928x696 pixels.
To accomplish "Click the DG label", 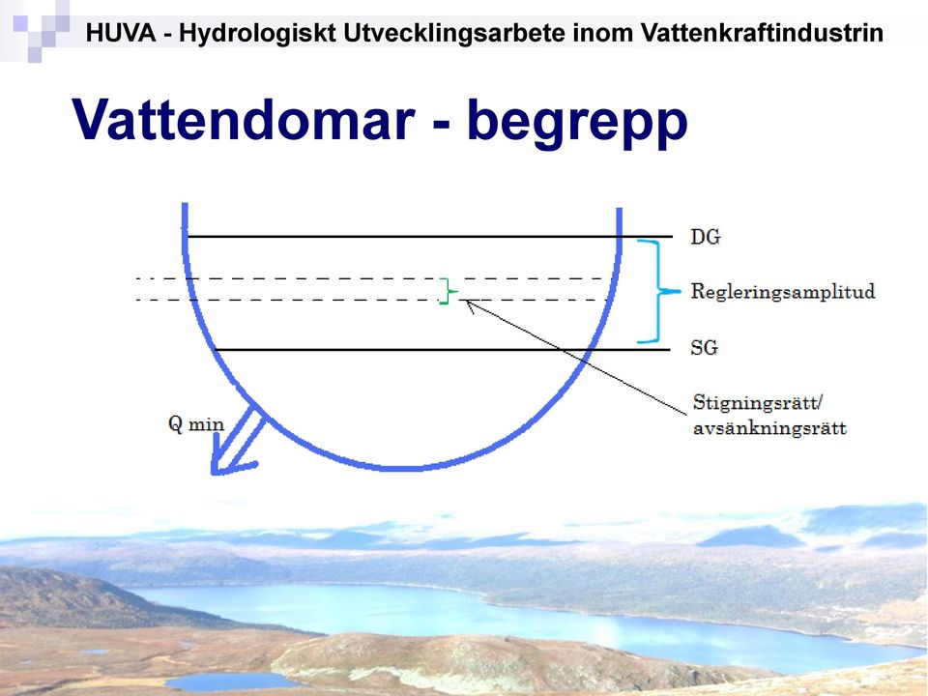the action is point(706,237).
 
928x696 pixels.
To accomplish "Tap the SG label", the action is point(705,347).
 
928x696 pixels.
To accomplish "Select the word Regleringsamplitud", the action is point(783,292).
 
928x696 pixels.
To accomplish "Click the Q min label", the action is point(196,424).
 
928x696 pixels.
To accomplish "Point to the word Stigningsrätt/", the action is point(758,403).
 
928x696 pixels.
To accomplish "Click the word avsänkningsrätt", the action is point(769,428).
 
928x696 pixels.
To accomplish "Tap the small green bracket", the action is point(448,291).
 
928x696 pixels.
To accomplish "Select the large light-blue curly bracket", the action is point(658,291).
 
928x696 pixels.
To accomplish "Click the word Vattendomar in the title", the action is point(244,119).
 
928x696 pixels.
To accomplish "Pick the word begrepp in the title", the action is point(577,123).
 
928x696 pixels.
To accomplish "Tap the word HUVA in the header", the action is point(121,33).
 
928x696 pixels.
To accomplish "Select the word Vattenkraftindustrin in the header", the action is point(763,33).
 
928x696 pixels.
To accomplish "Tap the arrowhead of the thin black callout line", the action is point(468,304).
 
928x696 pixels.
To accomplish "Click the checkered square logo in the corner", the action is point(36,30).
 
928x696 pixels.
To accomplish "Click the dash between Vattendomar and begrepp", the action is point(442,124).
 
